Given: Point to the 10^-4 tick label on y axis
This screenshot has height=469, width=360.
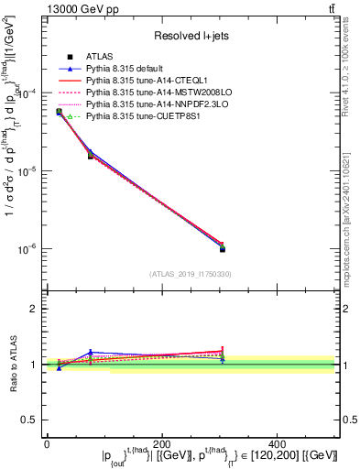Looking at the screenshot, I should (x=30, y=93).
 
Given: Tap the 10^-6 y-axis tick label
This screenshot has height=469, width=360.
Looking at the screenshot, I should (x=30, y=249).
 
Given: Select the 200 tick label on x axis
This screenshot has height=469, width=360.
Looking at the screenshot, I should (x=162, y=443).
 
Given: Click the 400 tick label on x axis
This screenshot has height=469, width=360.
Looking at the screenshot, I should (x=279, y=443).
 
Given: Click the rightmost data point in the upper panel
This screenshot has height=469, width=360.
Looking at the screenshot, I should (x=222, y=248).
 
